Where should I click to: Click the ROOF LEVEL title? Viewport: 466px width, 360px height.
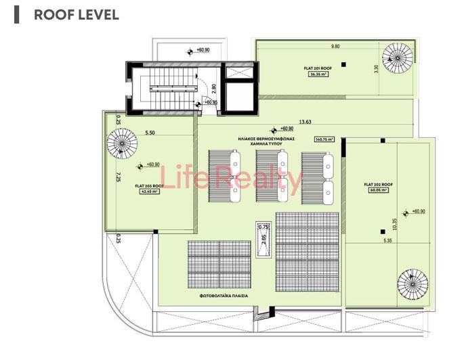click(76, 14)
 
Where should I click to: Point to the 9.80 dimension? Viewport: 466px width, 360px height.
click(335, 47)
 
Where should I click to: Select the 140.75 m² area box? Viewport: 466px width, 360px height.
click(321, 139)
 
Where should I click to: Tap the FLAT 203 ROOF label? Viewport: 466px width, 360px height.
click(148, 185)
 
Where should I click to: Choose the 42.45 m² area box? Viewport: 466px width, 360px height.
click(148, 192)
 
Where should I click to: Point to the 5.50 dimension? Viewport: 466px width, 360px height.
click(150, 133)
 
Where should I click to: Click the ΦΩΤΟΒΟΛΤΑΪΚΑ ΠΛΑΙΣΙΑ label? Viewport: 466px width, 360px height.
click(224, 296)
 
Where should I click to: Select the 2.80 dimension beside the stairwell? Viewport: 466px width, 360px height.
click(213, 87)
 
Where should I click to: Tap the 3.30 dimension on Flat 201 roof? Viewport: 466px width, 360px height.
click(377, 68)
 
